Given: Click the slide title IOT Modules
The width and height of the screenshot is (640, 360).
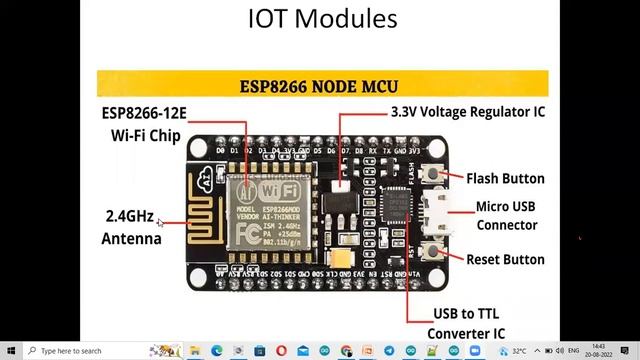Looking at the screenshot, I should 322,18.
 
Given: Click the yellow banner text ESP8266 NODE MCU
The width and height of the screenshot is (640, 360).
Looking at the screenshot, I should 322,84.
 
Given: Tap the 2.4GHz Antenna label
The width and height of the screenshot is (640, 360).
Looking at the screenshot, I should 131,227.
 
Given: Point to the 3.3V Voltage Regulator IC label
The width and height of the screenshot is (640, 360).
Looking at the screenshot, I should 467,113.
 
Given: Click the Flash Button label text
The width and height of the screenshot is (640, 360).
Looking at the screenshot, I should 505,179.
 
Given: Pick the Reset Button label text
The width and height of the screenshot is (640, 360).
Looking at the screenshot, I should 505,259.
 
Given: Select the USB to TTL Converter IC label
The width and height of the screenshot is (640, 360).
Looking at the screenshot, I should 465,322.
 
